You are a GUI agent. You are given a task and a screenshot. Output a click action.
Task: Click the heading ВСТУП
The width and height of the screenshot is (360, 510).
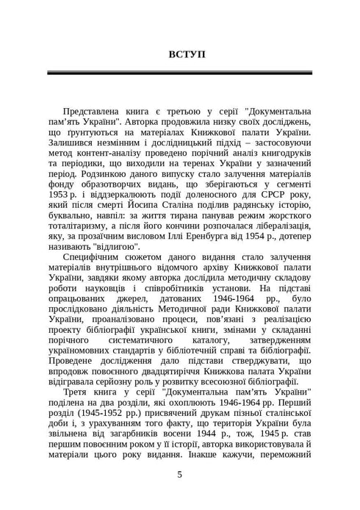pos(180,54)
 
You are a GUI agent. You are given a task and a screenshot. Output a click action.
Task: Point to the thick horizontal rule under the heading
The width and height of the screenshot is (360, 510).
pos(180,73)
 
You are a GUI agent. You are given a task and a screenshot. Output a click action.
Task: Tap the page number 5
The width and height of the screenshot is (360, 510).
pos(180,475)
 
